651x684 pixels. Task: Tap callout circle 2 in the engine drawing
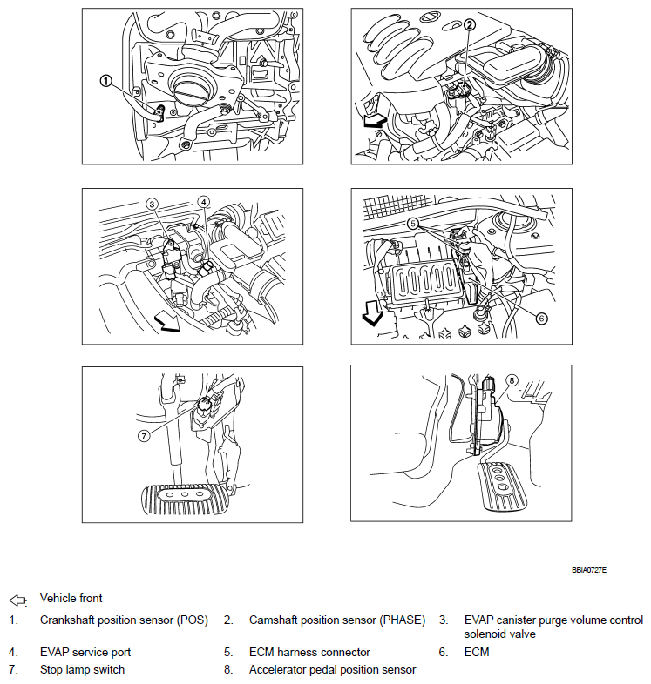[x=469, y=25]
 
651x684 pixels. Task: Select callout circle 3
[x=152, y=205]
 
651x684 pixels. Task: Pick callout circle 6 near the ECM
[x=541, y=318]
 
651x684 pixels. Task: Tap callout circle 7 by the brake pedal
[x=144, y=434]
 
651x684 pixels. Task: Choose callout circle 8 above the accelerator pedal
[x=512, y=379]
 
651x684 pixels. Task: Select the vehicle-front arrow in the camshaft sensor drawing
[x=374, y=125]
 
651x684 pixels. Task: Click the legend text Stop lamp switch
[x=82, y=670]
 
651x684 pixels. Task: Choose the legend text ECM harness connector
[x=309, y=652]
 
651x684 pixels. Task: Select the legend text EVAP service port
[x=85, y=652]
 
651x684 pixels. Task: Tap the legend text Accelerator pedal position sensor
[x=332, y=670]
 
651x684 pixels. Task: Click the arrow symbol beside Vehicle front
[x=18, y=600]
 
